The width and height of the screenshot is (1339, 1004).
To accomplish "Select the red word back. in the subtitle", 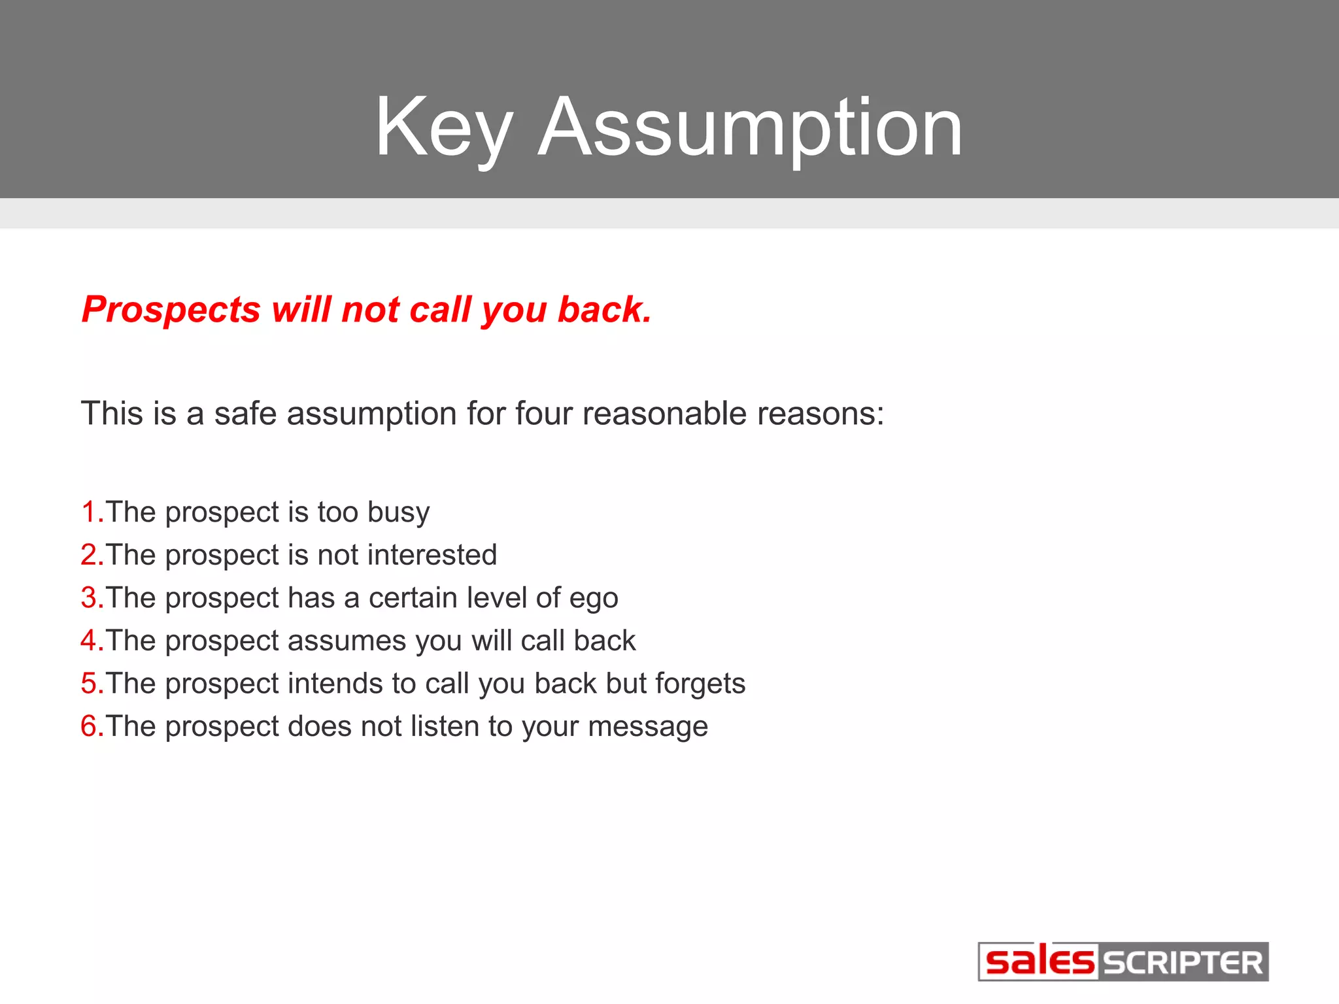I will point(604,309).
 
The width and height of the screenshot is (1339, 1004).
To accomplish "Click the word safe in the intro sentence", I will point(245,414).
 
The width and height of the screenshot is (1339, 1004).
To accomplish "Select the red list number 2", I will point(90,555).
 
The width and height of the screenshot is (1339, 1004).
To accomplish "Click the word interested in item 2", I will point(432,555).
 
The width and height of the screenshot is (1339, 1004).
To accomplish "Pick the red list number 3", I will point(90,597).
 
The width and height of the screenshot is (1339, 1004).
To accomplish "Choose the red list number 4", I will point(90,641).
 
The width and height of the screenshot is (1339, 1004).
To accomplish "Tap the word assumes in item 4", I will point(347,641).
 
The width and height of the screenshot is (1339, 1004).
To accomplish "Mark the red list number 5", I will point(90,684).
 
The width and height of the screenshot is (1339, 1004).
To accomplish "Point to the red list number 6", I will point(90,726).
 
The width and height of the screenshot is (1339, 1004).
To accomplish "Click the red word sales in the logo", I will point(1039,962).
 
